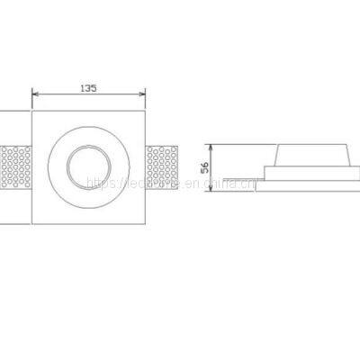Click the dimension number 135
tap(89, 88)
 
